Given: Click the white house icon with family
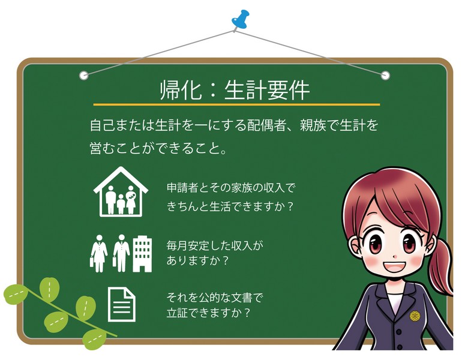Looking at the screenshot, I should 121,191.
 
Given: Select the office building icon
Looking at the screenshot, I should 142,252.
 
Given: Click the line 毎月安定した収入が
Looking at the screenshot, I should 215,245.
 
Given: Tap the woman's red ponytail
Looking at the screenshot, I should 442,264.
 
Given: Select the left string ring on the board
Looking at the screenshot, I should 84,75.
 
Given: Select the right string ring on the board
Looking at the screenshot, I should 385,75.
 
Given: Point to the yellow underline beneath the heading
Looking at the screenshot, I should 235,104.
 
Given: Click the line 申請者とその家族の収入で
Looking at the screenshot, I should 231,188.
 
